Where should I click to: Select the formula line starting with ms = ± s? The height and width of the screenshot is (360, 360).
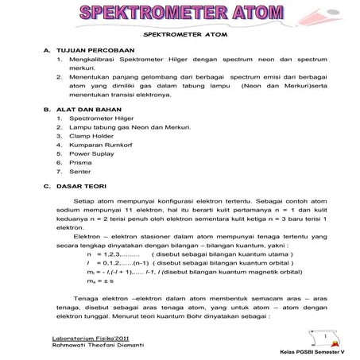(x=100, y=280)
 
